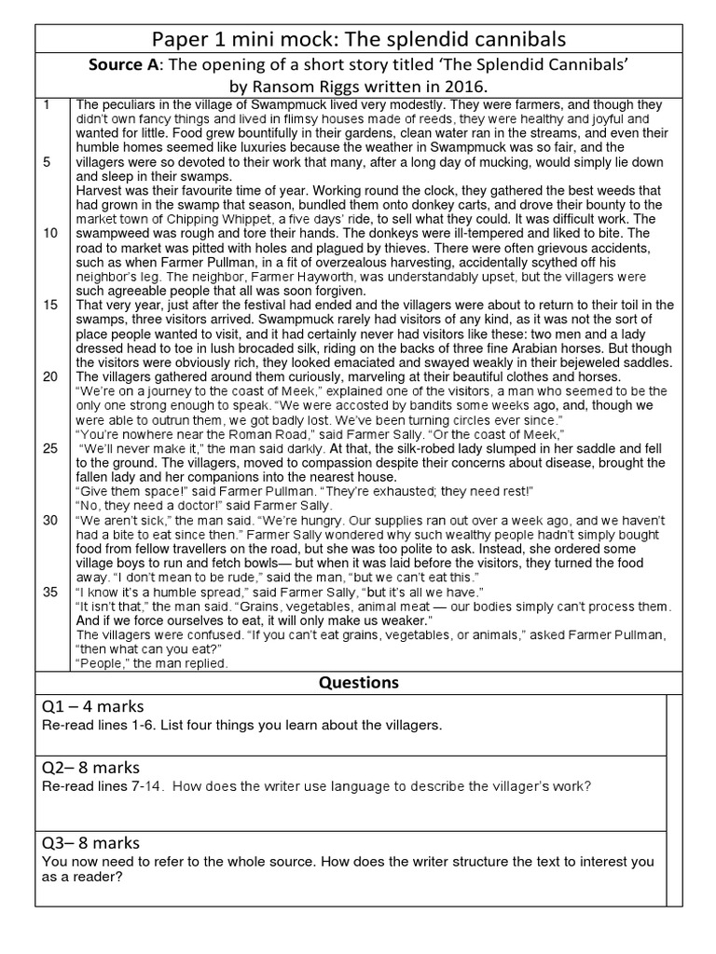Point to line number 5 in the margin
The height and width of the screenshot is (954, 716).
(47, 162)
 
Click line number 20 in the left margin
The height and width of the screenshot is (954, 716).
(50, 376)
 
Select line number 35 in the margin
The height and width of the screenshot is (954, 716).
(50, 593)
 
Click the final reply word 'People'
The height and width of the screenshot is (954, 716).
(101, 663)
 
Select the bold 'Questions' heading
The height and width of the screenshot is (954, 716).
(358, 682)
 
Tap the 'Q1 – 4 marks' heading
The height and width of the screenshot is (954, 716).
(92, 705)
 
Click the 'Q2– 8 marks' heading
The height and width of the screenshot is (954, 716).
(90, 768)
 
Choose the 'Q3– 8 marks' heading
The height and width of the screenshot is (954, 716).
(90, 842)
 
